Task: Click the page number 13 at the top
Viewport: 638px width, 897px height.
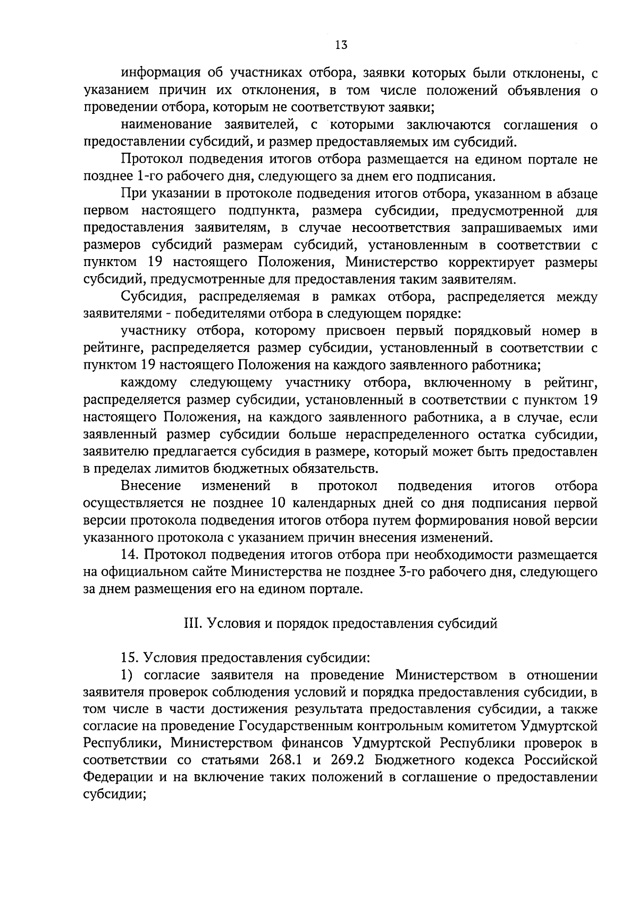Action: tap(341, 45)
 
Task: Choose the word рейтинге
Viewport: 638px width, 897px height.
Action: tap(114, 348)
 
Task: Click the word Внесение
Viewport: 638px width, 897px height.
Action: tap(151, 486)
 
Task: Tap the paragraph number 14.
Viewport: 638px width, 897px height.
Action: tap(130, 555)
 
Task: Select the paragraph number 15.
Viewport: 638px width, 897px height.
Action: tap(130, 658)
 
